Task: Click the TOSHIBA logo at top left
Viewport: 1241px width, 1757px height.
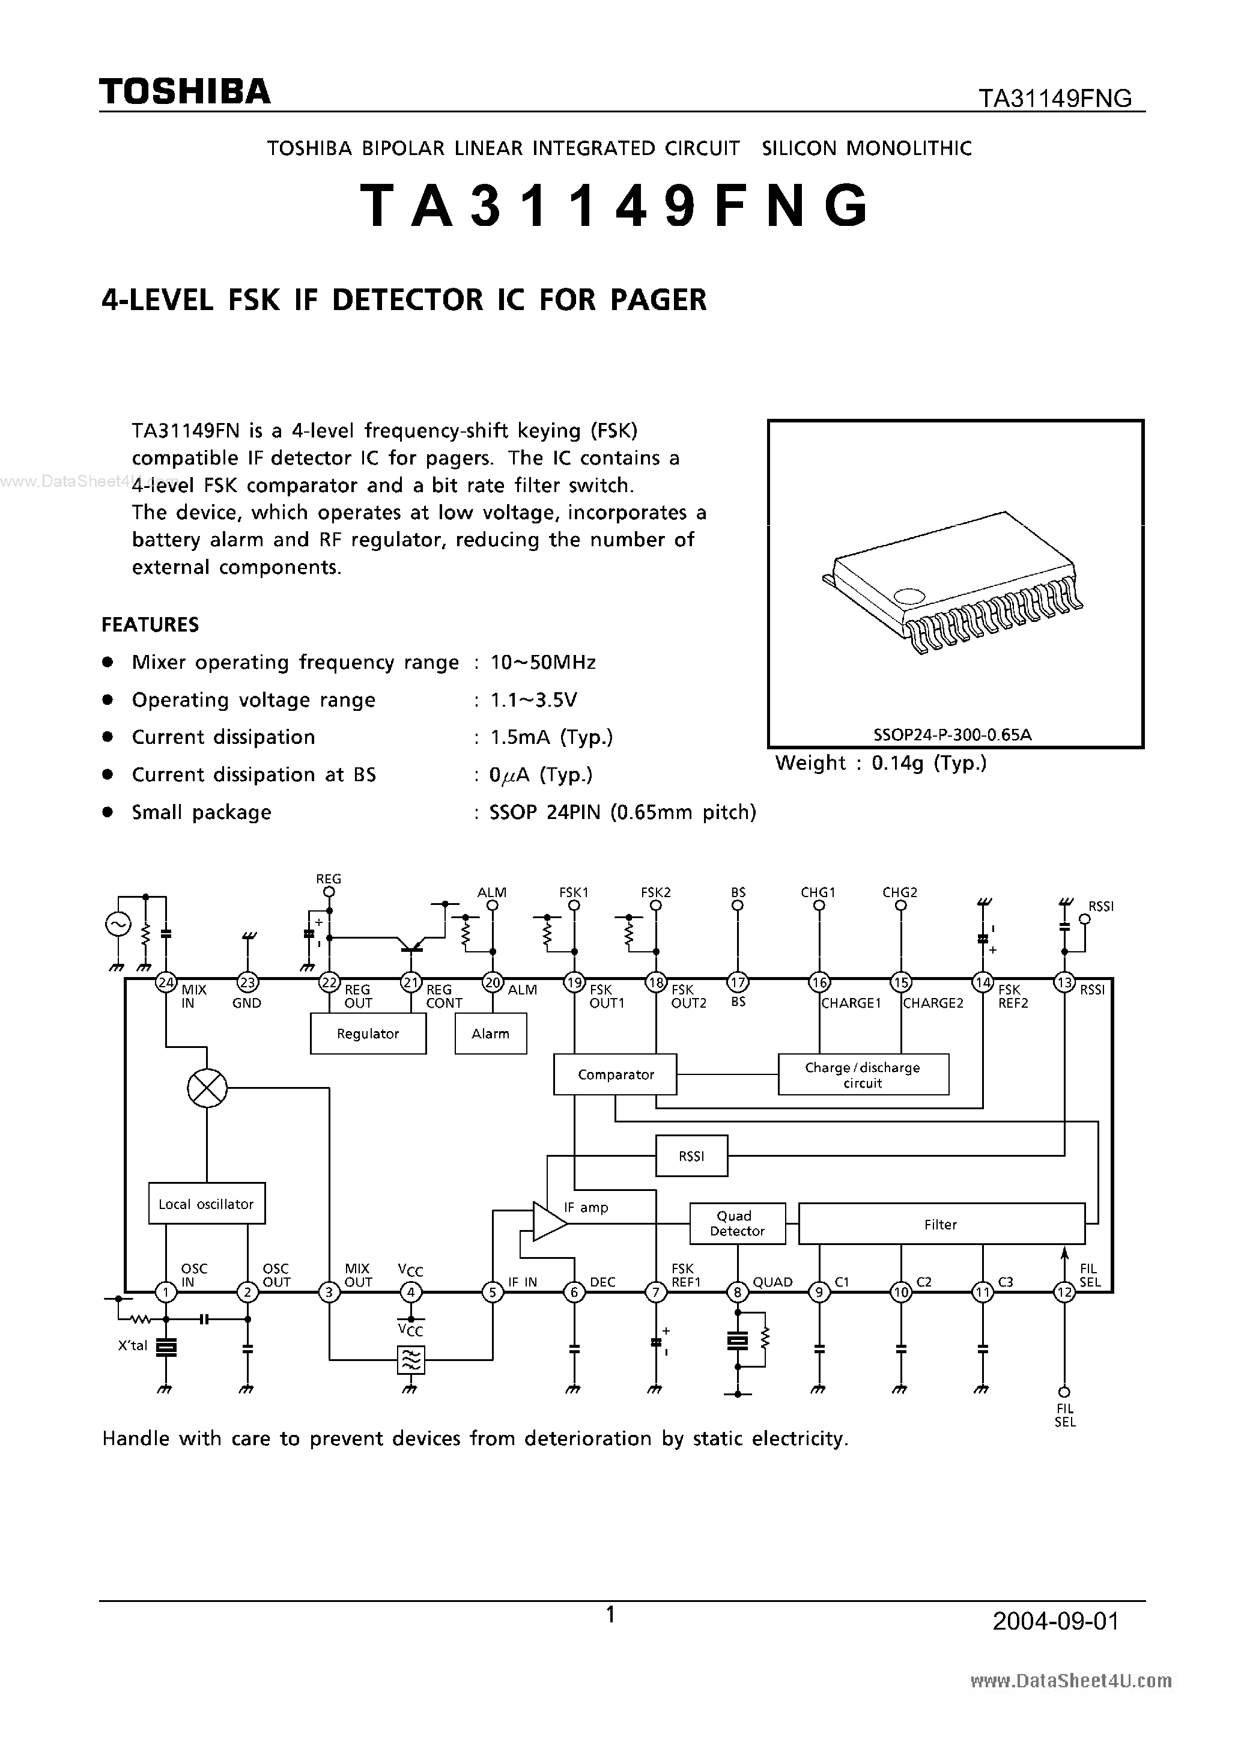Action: coord(184,92)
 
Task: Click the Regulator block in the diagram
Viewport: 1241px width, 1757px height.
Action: coord(368,1034)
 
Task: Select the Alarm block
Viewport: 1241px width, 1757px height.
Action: coord(490,1034)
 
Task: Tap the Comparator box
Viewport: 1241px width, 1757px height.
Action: coord(616,1074)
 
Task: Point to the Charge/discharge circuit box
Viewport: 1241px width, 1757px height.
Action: coord(863,1074)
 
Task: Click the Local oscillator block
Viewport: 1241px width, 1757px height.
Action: coord(206,1204)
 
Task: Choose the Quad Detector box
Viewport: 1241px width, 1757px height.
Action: coord(737,1223)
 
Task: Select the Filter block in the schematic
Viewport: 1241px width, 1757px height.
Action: coord(940,1223)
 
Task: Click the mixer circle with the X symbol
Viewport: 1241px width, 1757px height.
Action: coord(207,1088)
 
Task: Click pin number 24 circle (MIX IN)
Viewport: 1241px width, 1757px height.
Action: coord(166,982)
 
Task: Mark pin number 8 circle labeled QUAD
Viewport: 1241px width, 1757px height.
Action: coord(738,1293)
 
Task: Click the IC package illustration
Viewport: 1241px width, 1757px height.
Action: coord(954,582)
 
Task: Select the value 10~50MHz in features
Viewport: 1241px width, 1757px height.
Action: coord(542,662)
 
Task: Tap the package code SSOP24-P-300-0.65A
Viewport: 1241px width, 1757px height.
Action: coord(953,735)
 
